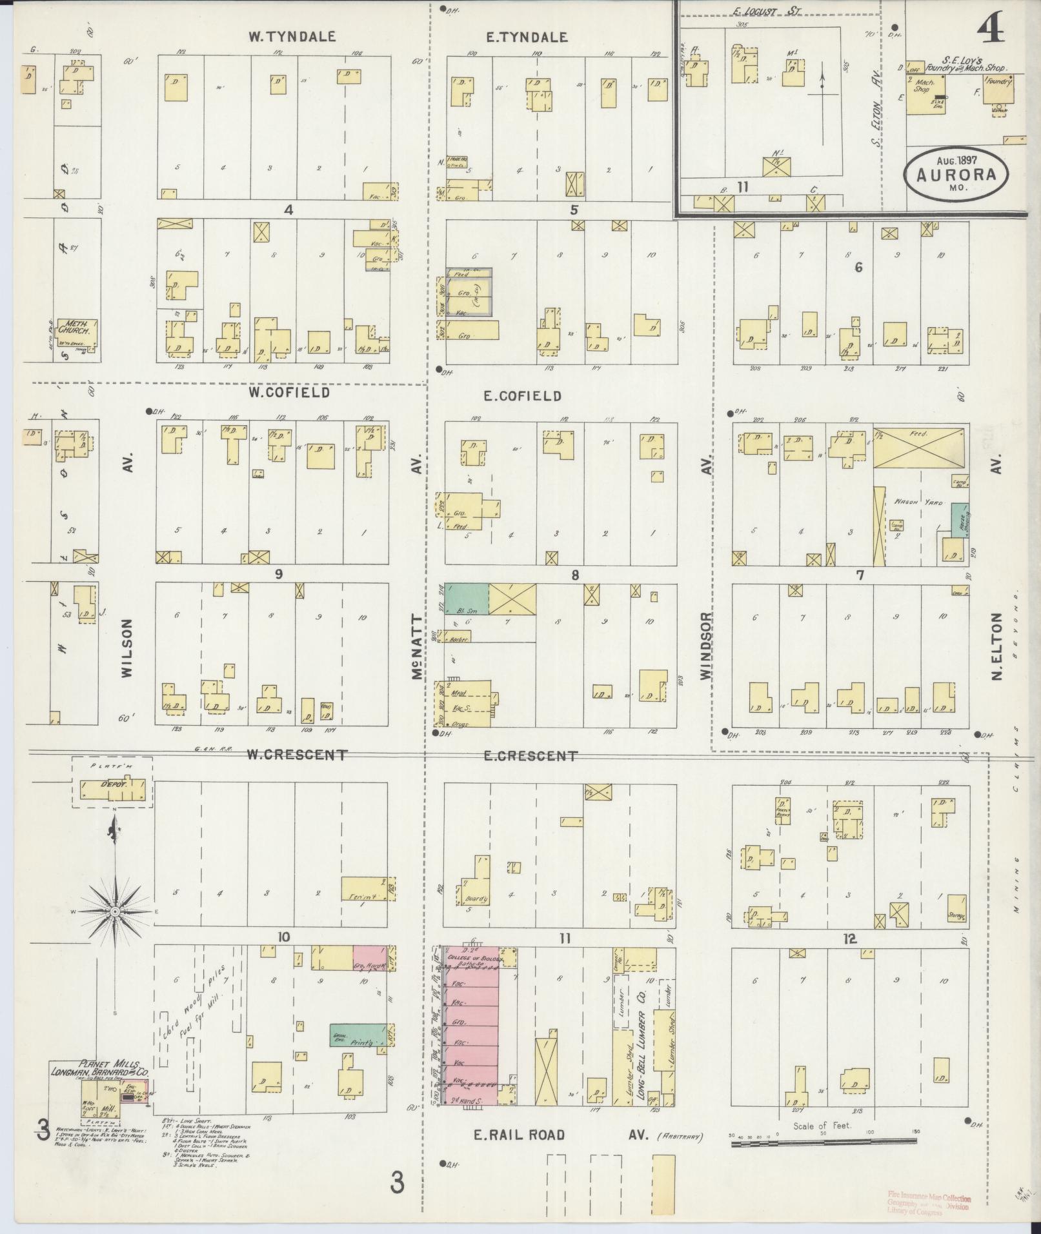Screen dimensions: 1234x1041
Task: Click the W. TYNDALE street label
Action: coord(292,37)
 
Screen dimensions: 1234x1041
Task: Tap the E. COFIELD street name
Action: coord(523,396)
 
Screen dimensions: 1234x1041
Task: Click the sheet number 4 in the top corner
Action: coord(991,28)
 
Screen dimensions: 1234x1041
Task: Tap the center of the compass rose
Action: coord(114,911)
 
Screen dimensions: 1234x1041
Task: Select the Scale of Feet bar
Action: coord(824,1142)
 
